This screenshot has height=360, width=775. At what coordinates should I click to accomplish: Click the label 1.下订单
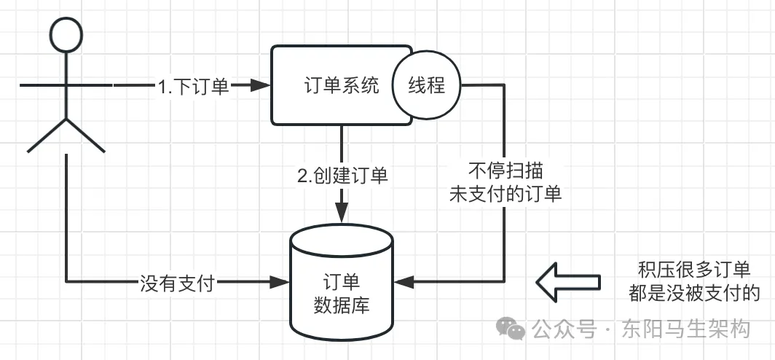[193, 86]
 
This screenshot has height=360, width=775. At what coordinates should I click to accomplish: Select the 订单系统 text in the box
[342, 85]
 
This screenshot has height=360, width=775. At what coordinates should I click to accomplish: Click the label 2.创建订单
[342, 176]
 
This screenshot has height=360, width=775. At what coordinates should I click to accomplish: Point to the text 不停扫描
[505, 171]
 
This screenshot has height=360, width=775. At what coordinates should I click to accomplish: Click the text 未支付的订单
[505, 195]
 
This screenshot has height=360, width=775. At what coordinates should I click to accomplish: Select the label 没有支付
[177, 284]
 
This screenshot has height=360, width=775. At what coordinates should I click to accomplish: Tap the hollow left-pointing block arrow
[568, 282]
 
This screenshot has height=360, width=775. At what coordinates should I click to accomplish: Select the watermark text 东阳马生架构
[686, 329]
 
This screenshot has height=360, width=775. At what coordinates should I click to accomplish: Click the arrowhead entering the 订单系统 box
[261, 85]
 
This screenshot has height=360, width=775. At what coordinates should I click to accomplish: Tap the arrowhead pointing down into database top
[342, 214]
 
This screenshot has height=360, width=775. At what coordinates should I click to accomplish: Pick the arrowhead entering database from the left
[279, 283]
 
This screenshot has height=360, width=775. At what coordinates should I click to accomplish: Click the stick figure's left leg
[47, 136]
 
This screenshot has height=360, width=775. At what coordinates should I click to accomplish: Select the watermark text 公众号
[564, 329]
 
